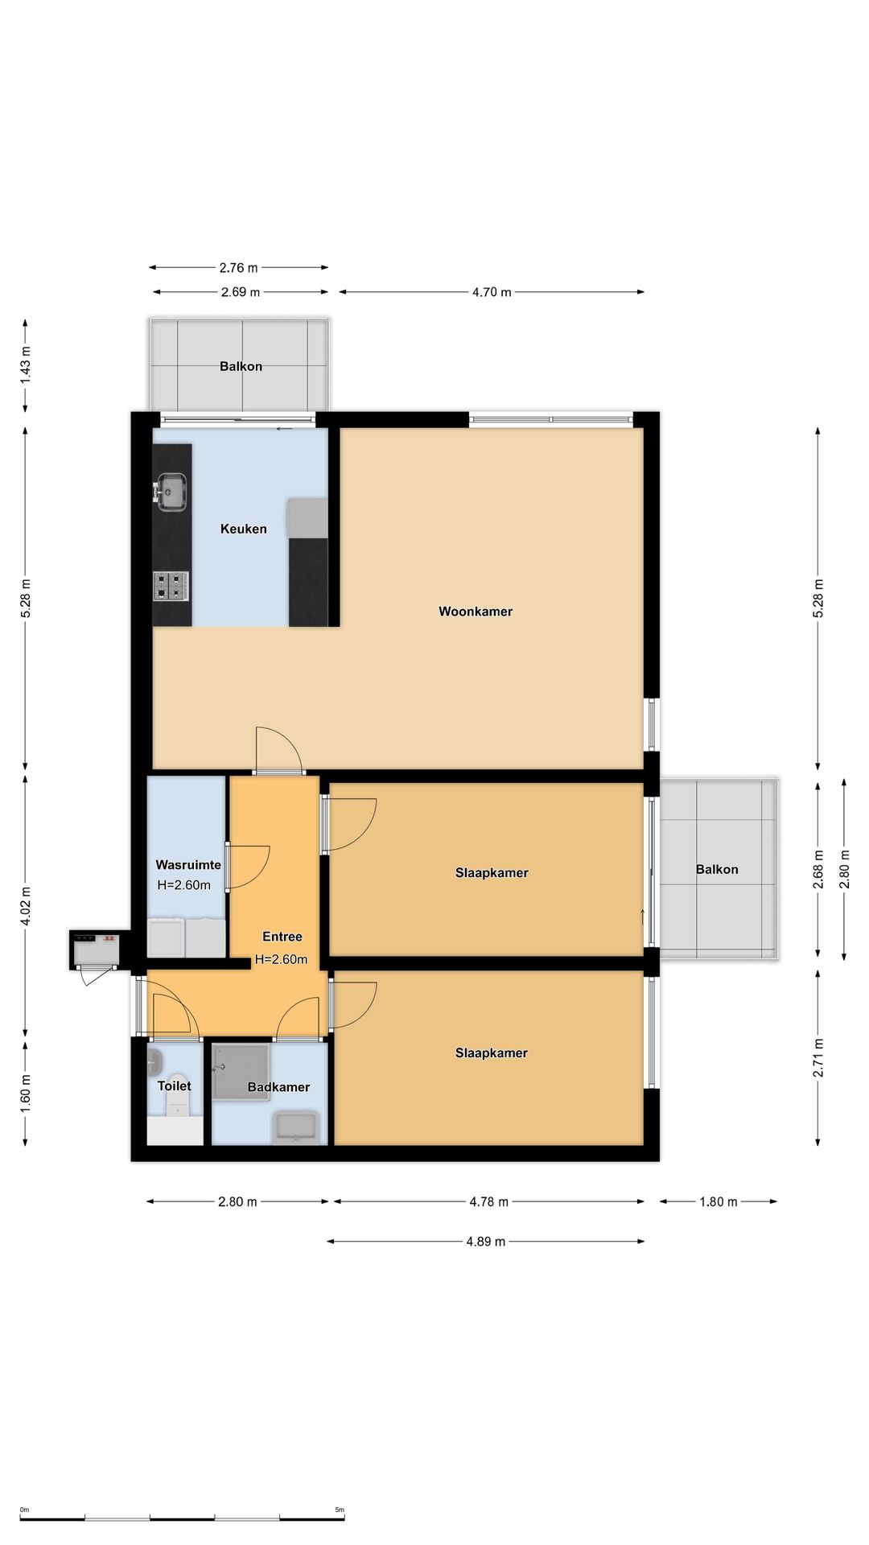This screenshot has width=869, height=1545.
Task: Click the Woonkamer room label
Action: (476, 612)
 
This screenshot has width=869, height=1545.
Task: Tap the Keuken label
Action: (244, 529)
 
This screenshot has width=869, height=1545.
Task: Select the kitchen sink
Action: (171, 492)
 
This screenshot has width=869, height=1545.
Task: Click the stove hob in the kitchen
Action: (171, 586)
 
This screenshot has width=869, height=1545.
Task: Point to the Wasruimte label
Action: (188, 865)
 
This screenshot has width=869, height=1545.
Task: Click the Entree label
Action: (282, 937)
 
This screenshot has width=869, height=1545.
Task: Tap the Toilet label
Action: (175, 1086)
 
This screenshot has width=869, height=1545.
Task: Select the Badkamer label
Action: (278, 1087)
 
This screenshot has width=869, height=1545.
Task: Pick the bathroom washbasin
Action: (297, 1127)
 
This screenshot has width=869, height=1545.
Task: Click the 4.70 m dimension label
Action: (492, 292)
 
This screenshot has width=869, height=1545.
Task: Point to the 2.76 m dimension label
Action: (239, 268)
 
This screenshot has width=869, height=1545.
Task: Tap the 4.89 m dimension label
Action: (486, 1242)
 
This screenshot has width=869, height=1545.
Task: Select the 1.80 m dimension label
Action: (719, 1202)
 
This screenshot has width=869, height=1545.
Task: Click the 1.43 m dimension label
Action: (26, 363)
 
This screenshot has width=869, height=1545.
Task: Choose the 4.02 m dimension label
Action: (26, 906)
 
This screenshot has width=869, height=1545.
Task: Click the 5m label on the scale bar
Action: (340, 1510)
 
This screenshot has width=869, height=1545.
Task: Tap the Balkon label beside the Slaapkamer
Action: (717, 869)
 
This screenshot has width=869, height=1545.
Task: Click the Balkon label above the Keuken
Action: (241, 366)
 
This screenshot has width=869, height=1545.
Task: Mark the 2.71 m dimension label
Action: (818, 1058)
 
